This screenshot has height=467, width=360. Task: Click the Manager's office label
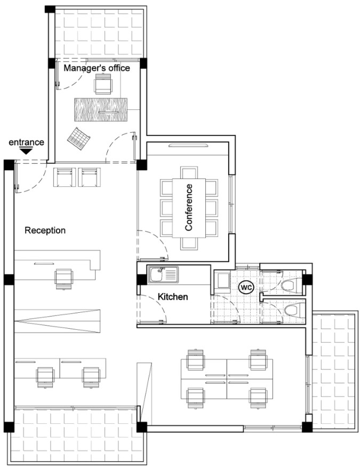click(x=97, y=68)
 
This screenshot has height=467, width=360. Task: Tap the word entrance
click(x=26, y=143)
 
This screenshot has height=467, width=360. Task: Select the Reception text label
click(x=45, y=231)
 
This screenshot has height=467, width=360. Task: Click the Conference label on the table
click(x=188, y=208)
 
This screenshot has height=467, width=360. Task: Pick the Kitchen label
click(x=172, y=296)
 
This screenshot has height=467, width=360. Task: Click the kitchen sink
click(x=157, y=275)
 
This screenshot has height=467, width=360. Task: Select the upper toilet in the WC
click(x=289, y=285)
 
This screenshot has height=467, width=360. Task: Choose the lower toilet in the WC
click(x=291, y=310)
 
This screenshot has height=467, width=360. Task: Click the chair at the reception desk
click(x=65, y=278)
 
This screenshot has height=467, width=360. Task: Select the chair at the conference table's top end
click(x=189, y=171)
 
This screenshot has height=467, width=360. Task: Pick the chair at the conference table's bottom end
click(x=189, y=244)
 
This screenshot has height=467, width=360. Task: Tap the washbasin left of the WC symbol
click(x=222, y=282)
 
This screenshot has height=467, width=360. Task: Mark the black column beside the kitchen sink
click(x=141, y=279)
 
